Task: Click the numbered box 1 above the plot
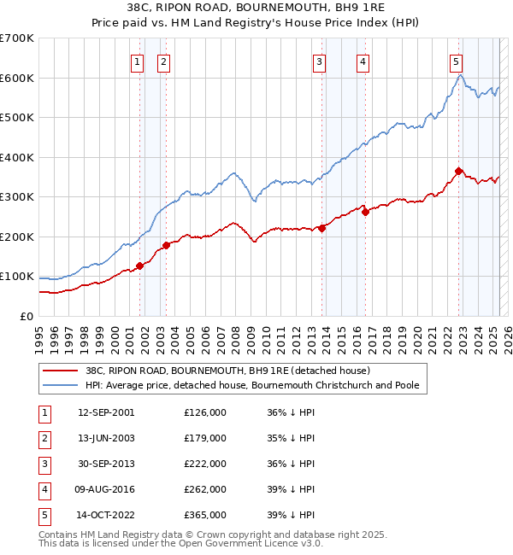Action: coord(137,61)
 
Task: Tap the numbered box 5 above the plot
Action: coord(456,61)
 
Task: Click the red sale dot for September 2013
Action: coord(322,228)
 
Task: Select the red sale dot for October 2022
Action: coord(459,172)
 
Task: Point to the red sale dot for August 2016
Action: coord(365,213)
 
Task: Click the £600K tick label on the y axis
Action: coord(17,78)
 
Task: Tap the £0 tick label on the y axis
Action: coord(27,316)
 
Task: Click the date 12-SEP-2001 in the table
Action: coord(106,412)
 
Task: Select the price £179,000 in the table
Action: coord(205,438)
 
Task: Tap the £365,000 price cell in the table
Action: coord(205,515)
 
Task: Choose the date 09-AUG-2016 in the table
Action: coord(106,489)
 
